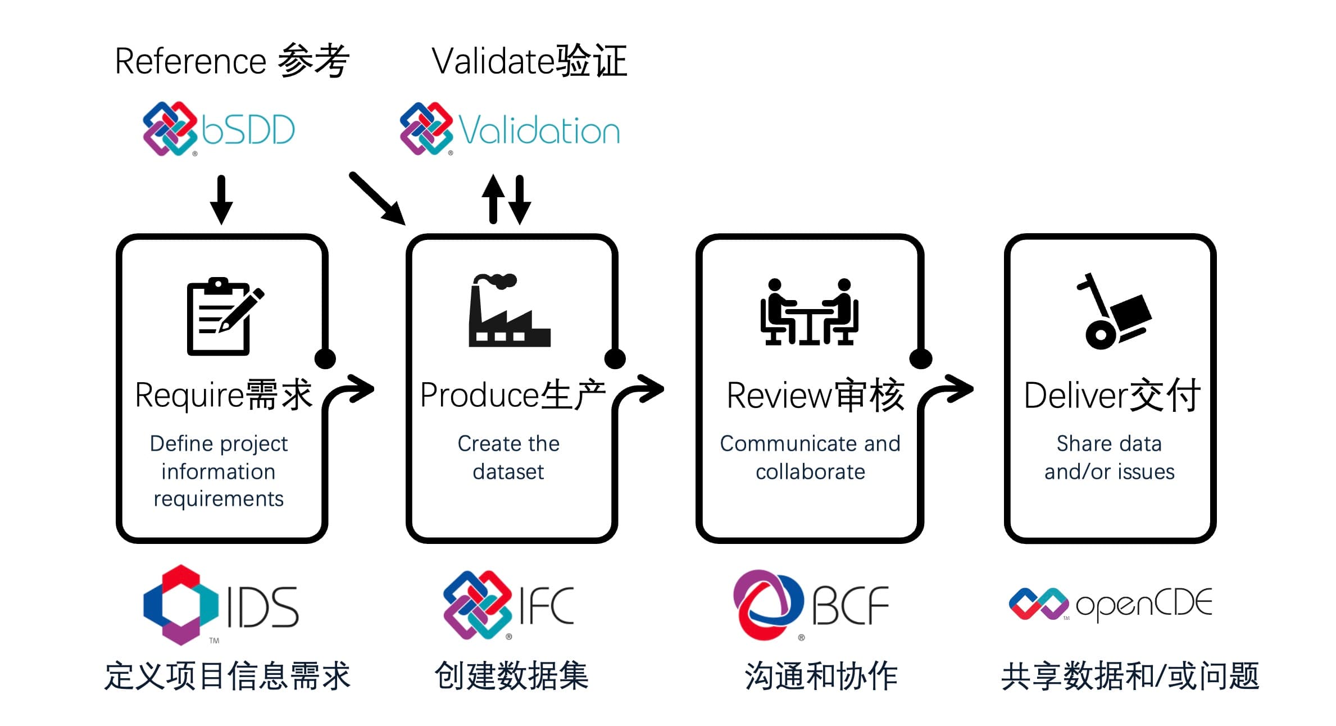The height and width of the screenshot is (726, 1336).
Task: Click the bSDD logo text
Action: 248,130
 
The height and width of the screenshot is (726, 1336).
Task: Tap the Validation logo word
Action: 539,130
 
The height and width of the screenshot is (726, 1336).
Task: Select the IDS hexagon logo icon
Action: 180,605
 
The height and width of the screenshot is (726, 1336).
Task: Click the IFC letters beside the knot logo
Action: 546,605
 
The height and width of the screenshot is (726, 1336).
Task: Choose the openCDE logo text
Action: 1143,605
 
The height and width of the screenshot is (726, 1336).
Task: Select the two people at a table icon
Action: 809,312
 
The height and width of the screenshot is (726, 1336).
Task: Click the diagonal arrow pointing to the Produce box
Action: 377,198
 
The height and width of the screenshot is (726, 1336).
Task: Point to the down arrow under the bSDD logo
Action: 221,199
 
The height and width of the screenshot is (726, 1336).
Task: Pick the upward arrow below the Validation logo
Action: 493,199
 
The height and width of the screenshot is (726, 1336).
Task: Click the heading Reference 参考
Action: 231,61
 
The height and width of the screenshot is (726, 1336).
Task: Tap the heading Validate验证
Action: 529,61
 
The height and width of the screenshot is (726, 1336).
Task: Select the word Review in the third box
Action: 778,395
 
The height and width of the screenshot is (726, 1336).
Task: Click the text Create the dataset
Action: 508,457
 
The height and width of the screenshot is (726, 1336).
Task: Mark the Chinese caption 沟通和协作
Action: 821,675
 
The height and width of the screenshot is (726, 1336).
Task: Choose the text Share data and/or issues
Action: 1109,457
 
